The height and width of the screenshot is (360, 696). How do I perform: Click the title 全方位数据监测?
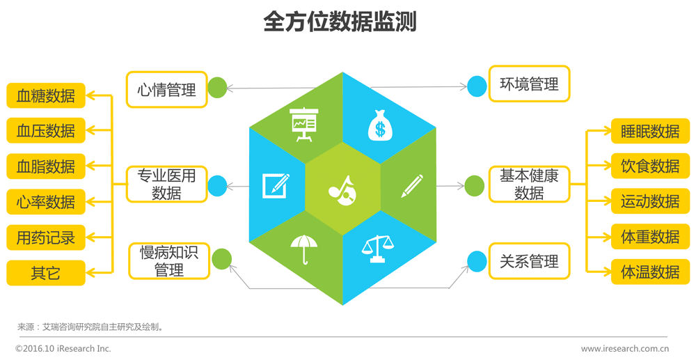tap(340, 22)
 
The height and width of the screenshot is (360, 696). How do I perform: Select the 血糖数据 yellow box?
tap(46, 95)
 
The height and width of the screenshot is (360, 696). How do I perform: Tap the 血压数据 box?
tap(46, 130)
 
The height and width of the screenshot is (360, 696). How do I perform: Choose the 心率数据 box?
tap(46, 202)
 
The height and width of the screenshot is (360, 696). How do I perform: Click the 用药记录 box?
tap(46, 237)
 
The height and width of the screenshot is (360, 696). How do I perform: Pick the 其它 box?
tap(46, 273)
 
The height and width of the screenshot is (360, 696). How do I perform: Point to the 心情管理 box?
tap(167, 89)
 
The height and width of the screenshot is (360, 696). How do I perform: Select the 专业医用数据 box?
tap(167, 185)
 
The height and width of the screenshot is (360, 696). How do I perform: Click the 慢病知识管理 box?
tap(169, 260)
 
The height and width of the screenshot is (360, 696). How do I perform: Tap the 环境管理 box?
tap(530, 84)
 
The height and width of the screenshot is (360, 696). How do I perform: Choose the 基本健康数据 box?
tap(529, 185)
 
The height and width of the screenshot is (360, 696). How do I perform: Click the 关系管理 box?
tap(530, 261)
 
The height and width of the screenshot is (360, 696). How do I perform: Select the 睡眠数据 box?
tap(650, 131)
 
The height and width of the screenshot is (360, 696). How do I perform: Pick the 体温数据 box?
tap(650, 272)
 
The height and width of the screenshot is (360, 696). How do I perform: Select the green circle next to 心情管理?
tap(218, 87)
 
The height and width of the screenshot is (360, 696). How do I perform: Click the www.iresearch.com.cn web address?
tap(625, 348)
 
